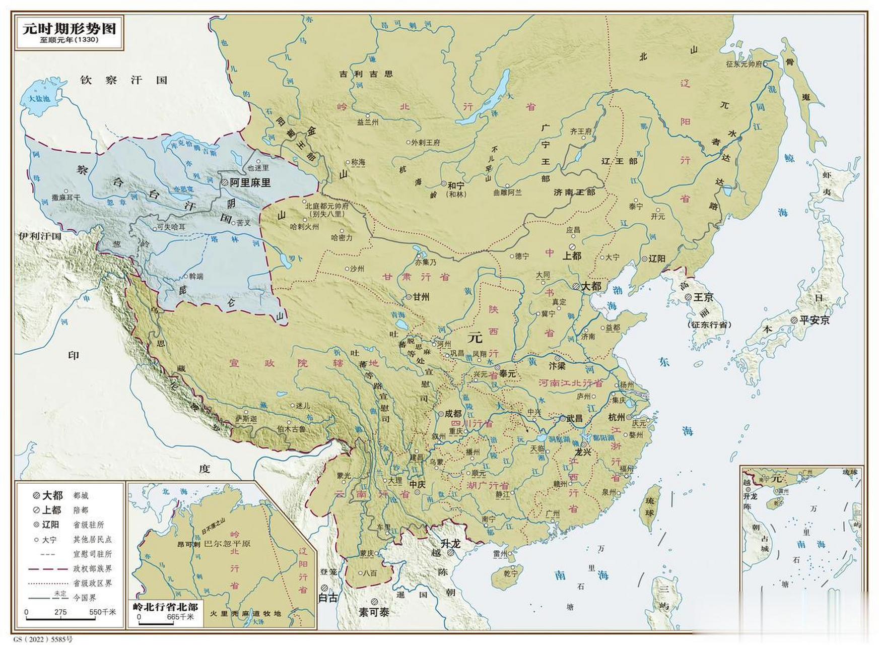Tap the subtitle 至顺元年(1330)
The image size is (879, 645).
pyautogui.click(x=69, y=40)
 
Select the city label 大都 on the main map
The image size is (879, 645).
pyautogui.click(x=591, y=286)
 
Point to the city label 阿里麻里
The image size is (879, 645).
pyautogui.click(x=250, y=183)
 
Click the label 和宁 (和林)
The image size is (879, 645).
pyautogui.click(x=456, y=188)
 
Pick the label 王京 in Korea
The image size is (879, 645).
pyautogui.click(x=703, y=297)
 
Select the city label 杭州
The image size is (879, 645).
pyautogui.click(x=616, y=417)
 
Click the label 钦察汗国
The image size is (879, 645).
pyautogui.click(x=123, y=80)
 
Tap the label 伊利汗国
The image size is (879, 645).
pyautogui.click(x=40, y=236)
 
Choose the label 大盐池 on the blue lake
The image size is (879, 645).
pyautogui.click(x=39, y=99)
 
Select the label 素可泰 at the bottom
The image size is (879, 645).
pyautogui.click(x=374, y=613)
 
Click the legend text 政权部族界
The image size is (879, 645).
pyautogui.click(x=92, y=568)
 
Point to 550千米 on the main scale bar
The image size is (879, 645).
pyautogui.click(x=102, y=612)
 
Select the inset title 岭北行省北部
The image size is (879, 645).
pyautogui.click(x=165, y=607)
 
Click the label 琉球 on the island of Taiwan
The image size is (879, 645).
pyautogui.click(x=649, y=509)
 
